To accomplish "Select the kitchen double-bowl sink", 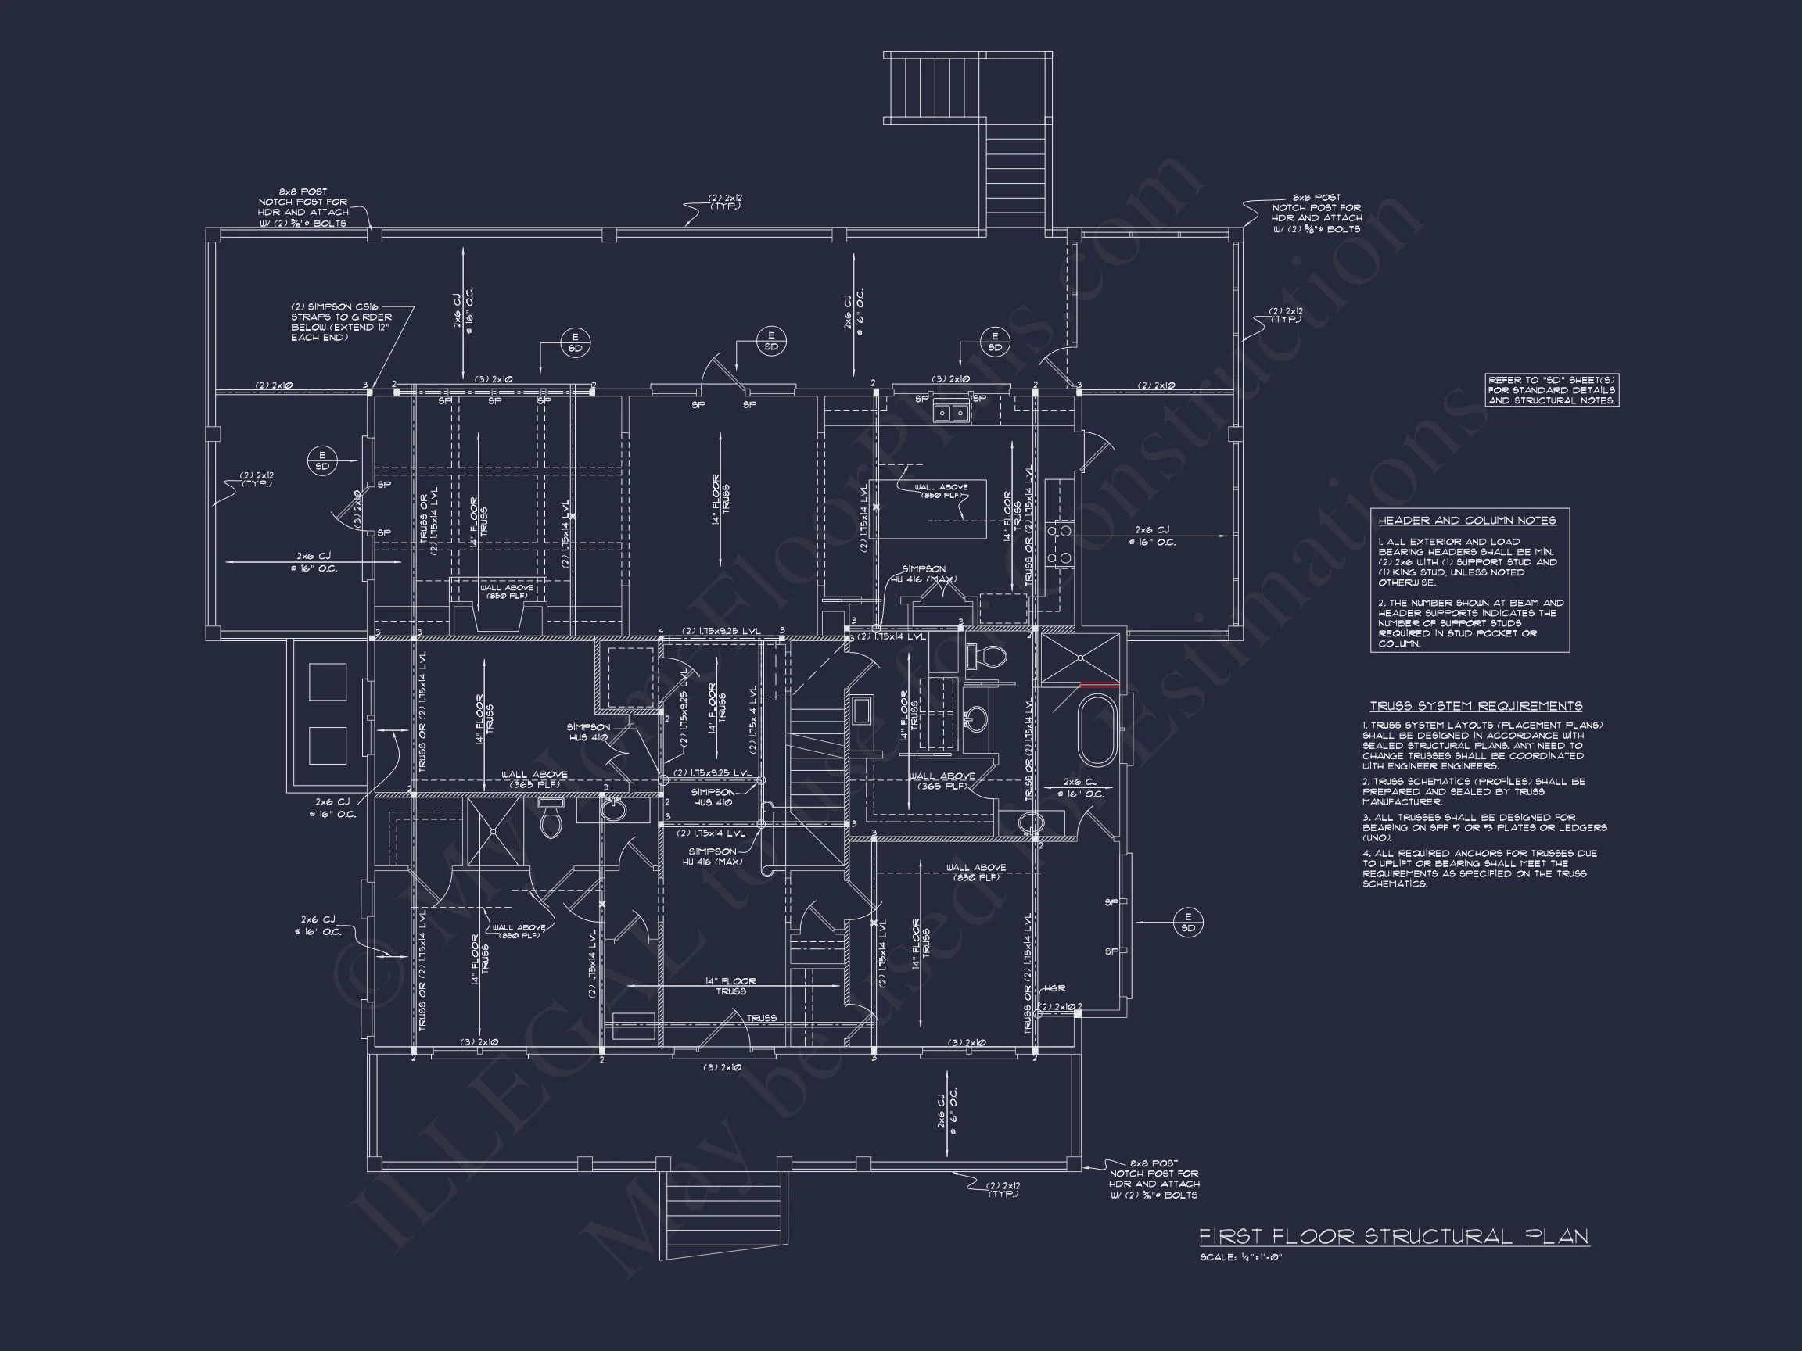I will (951, 413).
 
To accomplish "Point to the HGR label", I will (1054, 988).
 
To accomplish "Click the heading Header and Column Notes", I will (1466, 521).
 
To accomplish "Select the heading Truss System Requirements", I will (1475, 706).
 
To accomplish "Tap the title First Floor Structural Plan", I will (1393, 1236).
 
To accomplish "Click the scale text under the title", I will (1240, 1257).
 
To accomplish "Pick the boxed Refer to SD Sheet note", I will (1551, 390).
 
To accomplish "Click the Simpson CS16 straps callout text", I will (340, 322).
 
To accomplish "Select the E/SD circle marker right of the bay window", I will (1188, 923).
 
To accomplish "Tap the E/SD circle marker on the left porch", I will (321, 461).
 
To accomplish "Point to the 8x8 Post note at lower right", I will (1154, 1179).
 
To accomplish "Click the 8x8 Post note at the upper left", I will (303, 208).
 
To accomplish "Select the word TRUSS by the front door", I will (761, 1018).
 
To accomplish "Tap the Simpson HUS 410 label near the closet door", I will (588, 732).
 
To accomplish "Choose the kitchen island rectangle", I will (928, 509).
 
